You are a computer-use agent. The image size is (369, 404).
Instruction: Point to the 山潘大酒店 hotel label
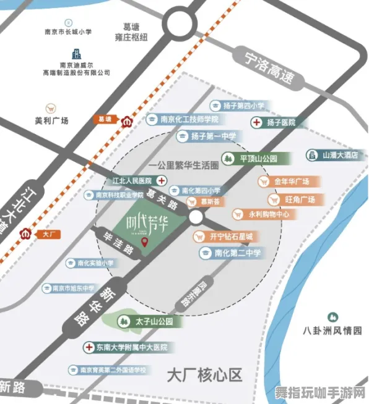click(x=334, y=155)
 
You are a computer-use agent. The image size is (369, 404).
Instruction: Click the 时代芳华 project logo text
click(x=147, y=224)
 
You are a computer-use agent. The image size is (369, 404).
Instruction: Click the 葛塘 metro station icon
click(x=128, y=120)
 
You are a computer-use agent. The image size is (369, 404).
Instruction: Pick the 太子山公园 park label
click(x=150, y=322)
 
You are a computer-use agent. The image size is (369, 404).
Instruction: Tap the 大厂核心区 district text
click(x=204, y=374)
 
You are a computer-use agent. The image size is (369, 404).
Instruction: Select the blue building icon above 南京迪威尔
click(x=76, y=53)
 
